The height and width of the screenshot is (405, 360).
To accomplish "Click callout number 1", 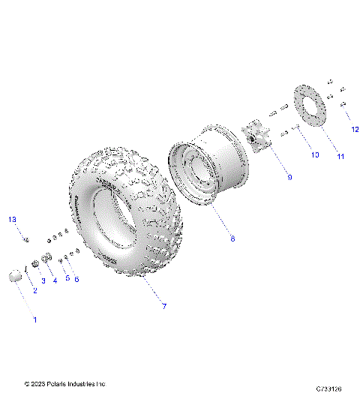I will click(33, 319).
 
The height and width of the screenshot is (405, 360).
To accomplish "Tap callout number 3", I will click(43, 281).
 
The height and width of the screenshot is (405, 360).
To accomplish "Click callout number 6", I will click(76, 279).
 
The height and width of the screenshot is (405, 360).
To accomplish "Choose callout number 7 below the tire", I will click(163, 306).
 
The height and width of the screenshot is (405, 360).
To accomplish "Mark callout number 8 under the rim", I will click(232, 238).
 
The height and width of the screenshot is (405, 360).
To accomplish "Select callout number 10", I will click(314, 154).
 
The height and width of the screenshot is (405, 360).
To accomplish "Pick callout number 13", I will click(11, 219).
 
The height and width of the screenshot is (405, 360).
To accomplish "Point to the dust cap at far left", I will click(15, 276).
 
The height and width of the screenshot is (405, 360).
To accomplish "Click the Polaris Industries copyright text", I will click(64, 384).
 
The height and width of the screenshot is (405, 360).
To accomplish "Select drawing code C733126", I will click(329, 388).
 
